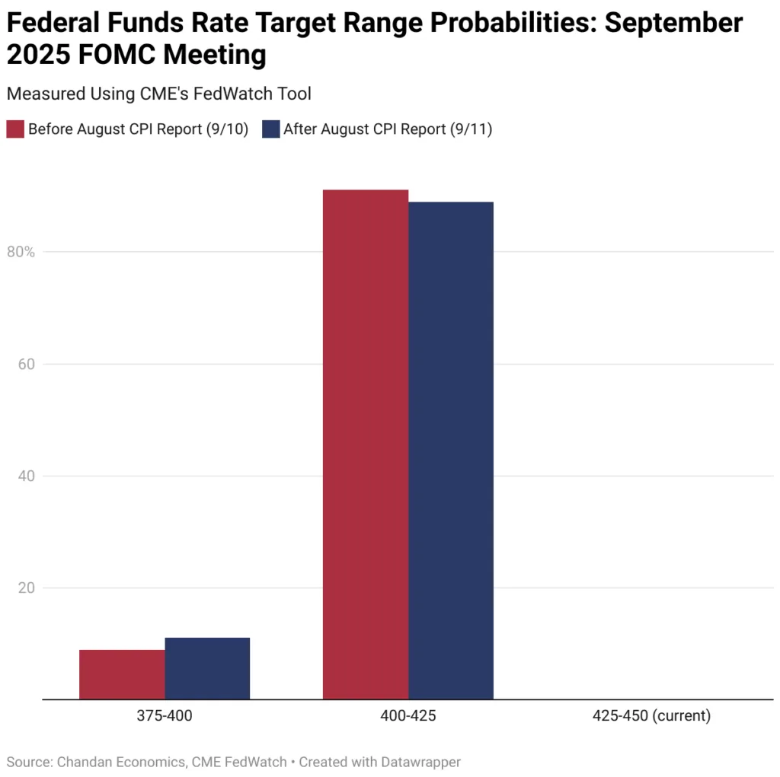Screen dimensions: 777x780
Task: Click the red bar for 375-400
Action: [x=122, y=674]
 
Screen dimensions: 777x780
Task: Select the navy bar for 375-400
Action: [x=207, y=668]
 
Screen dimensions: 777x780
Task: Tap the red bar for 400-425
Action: [x=366, y=444]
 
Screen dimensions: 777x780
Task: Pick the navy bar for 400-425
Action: [x=451, y=451]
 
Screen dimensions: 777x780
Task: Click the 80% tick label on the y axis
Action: [x=21, y=252]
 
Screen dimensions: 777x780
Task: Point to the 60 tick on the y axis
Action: [x=26, y=364]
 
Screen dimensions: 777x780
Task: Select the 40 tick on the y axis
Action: [x=26, y=476]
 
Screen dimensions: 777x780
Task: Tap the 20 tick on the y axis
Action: [x=26, y=588]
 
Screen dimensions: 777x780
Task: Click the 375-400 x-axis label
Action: [x=165, y=716]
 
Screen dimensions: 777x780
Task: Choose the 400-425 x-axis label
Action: [x=408, y=716]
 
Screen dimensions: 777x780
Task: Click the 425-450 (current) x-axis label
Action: [x=651, y=716]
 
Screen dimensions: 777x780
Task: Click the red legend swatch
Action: [x=15, y=129]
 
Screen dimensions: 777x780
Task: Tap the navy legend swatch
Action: [x=270, y=129]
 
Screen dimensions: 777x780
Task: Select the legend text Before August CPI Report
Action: [x=138, y=129]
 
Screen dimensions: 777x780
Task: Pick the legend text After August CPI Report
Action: [x=388, y=129]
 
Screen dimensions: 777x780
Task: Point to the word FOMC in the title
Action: [x=113, y=56]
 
